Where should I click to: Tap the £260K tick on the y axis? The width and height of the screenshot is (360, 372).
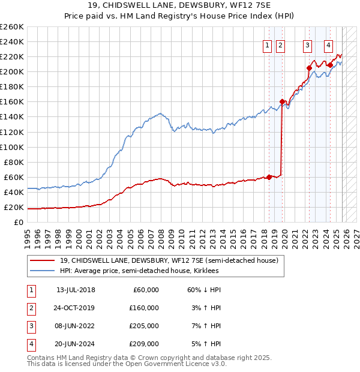point(12,27)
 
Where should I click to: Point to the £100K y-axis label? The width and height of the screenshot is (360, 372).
point(12,147)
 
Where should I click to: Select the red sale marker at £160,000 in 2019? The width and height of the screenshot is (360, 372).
point(282,101)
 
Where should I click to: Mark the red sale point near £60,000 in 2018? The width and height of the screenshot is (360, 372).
point(269,176)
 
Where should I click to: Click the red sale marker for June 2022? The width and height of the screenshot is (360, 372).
point(309,68)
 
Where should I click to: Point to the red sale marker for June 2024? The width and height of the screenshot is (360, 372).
point(330,65)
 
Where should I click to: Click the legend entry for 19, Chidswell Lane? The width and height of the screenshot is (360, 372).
point(169,261)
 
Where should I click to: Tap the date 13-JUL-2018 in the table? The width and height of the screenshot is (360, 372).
point(76,290)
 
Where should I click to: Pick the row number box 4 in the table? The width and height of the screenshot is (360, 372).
point(31,344)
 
